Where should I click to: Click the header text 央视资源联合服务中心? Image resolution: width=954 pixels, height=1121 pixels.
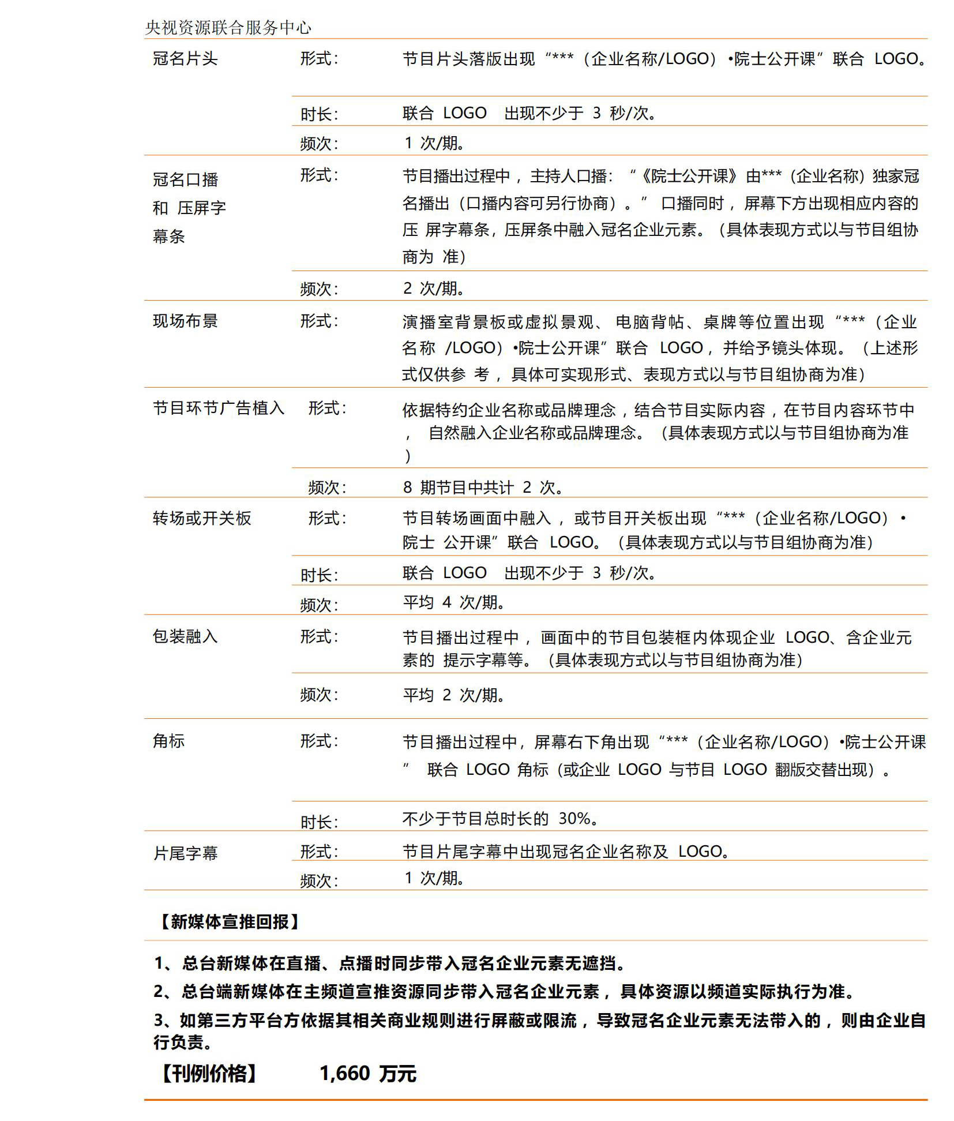(228, 27)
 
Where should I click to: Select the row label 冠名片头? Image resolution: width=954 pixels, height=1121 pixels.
(185, 58)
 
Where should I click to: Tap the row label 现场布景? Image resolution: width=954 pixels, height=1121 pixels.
(185, 321)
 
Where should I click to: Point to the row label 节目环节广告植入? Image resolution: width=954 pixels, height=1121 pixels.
(219, 408)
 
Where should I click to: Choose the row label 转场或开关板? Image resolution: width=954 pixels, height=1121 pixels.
(202, 518)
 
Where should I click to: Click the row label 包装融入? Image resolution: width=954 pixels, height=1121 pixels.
(185, 636)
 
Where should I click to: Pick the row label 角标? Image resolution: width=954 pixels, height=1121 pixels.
(168, 741)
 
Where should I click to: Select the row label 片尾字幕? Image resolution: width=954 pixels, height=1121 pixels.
(185, 853)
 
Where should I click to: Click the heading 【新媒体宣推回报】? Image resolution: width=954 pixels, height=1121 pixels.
(228, 921)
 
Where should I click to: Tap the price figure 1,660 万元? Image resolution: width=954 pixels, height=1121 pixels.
(367, 1074)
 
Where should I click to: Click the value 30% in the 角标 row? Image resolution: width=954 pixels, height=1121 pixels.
(574, 818)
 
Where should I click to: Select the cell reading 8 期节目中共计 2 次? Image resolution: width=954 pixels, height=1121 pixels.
(482, 488)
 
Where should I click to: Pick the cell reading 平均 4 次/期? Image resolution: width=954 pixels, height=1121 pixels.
(454, 602)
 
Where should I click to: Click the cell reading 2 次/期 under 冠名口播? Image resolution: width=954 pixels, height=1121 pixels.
(434, 288)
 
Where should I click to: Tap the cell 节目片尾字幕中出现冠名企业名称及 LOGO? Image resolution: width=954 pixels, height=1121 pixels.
(565, 851)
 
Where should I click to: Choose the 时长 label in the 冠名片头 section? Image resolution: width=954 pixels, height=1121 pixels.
(318, 114)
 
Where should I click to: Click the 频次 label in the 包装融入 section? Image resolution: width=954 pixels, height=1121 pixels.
(318, 695)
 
